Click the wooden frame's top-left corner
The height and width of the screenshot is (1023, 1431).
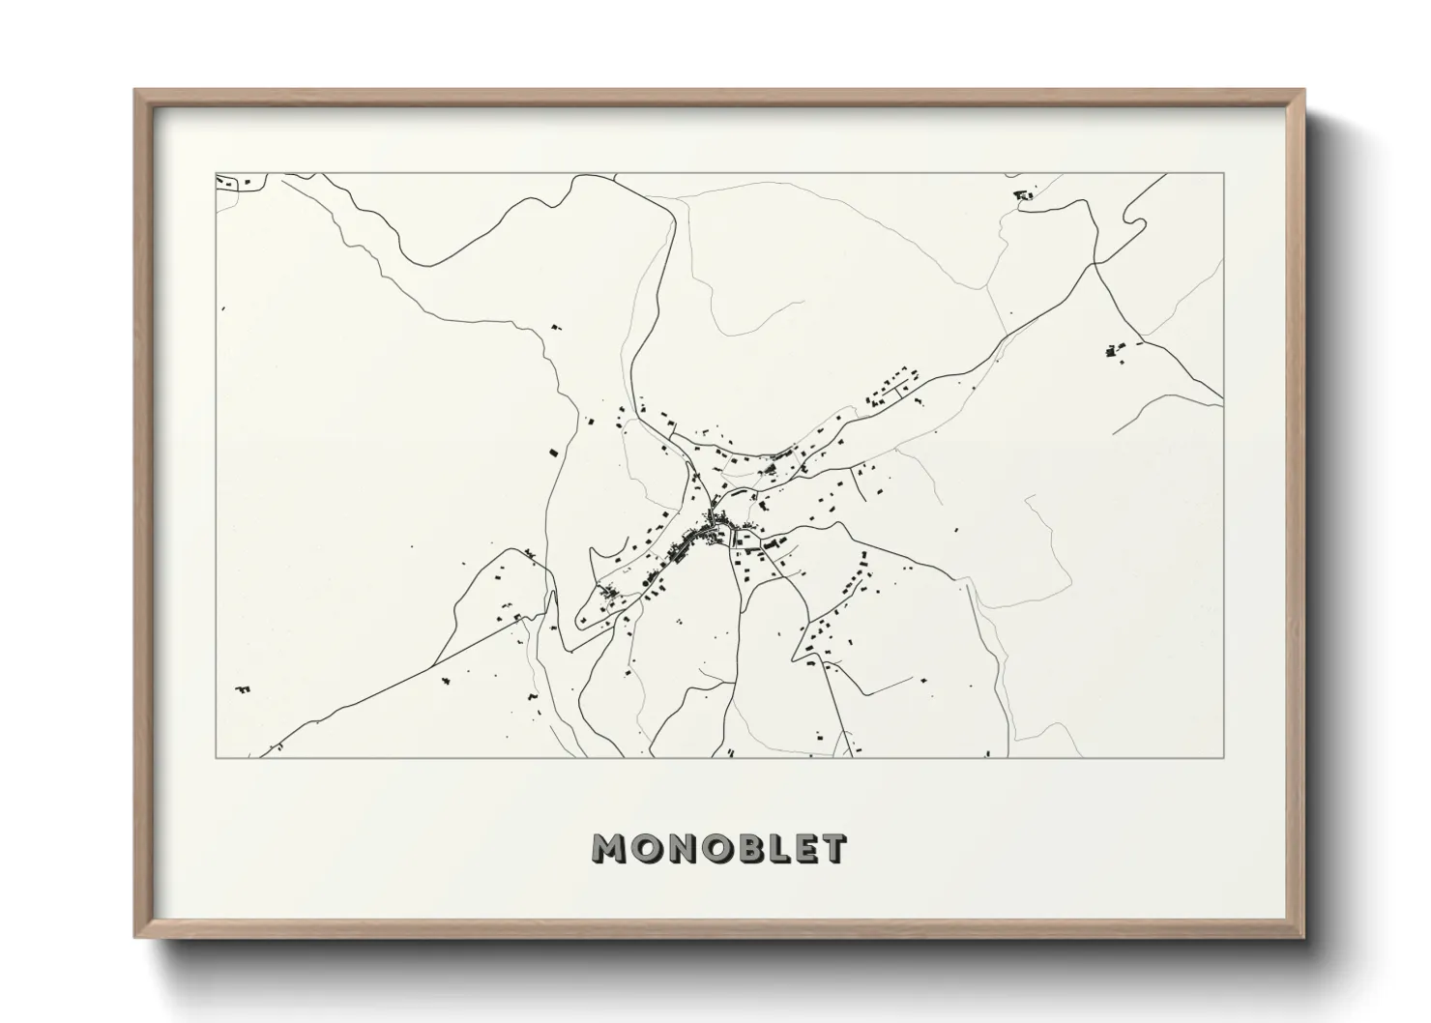point(136,91)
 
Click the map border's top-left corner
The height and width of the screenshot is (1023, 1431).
point(216,174)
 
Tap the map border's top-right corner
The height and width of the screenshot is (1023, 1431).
point(1224,174)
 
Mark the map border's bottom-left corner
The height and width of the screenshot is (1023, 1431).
point(216,757)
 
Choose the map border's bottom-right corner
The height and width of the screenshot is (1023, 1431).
point(1224,757)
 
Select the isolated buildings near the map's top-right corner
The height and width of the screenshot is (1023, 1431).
point(1022,195)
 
